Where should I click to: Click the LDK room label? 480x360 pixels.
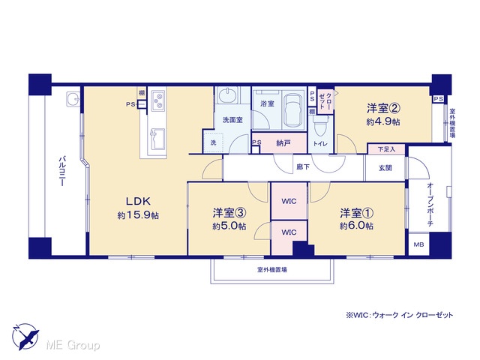[138, 201]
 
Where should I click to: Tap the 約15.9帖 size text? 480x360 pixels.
[138, 215]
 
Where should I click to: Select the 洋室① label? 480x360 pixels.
[357, 213]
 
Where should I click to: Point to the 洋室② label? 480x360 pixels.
[384, 108]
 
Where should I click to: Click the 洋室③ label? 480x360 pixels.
[229, 213]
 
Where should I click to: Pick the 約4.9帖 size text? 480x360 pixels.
[383, 121]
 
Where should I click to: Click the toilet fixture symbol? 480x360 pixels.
[320, 126]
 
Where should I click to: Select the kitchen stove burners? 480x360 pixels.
[159, 101]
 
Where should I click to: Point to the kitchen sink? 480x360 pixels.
[157, 139]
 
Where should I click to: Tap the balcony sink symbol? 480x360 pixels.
[73, 100]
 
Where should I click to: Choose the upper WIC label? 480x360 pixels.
[289, 201]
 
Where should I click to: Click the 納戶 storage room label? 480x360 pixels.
[283, 143]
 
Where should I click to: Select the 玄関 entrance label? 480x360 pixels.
[385, 168]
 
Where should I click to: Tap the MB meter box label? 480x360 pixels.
[418, 244]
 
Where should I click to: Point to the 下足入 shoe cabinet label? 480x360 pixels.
[386, 149]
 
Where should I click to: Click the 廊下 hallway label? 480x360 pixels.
[303, 167]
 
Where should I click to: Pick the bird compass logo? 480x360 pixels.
[25, 337]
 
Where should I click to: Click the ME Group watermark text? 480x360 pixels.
[73, 345]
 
